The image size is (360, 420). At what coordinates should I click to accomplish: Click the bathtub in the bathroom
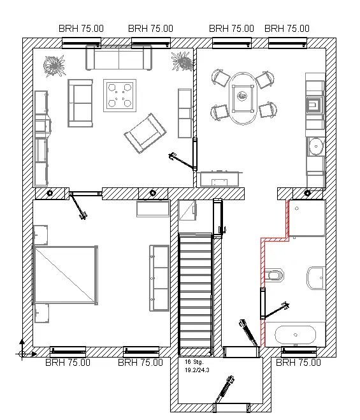(296, 335)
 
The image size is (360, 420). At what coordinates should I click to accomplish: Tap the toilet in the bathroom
(274, 275)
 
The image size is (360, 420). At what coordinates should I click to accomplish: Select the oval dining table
(243, 98)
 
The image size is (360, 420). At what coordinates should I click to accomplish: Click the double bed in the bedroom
(65, 275)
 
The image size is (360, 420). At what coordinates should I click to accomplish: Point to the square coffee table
(120, 96)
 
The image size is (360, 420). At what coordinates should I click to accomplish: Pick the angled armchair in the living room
(145, 133)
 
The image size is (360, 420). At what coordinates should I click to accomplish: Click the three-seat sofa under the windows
(119, 58)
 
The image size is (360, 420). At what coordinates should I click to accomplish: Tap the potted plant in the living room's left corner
(55, 66)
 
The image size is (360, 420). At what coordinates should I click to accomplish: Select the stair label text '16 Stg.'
(194, 362)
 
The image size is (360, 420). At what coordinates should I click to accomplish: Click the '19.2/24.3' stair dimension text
(197, 370)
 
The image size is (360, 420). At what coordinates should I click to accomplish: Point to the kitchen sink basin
(316, 147)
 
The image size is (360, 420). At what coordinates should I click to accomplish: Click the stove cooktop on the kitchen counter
(314, 105)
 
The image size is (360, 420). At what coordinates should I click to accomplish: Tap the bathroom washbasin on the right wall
(316, 278)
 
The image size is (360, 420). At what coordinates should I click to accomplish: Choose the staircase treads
(195, 291)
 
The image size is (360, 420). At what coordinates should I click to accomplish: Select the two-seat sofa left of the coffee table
(80, 103)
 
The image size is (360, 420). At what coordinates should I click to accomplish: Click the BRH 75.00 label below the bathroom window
(298, 363)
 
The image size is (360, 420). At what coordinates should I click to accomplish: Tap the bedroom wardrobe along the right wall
(159, 278)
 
